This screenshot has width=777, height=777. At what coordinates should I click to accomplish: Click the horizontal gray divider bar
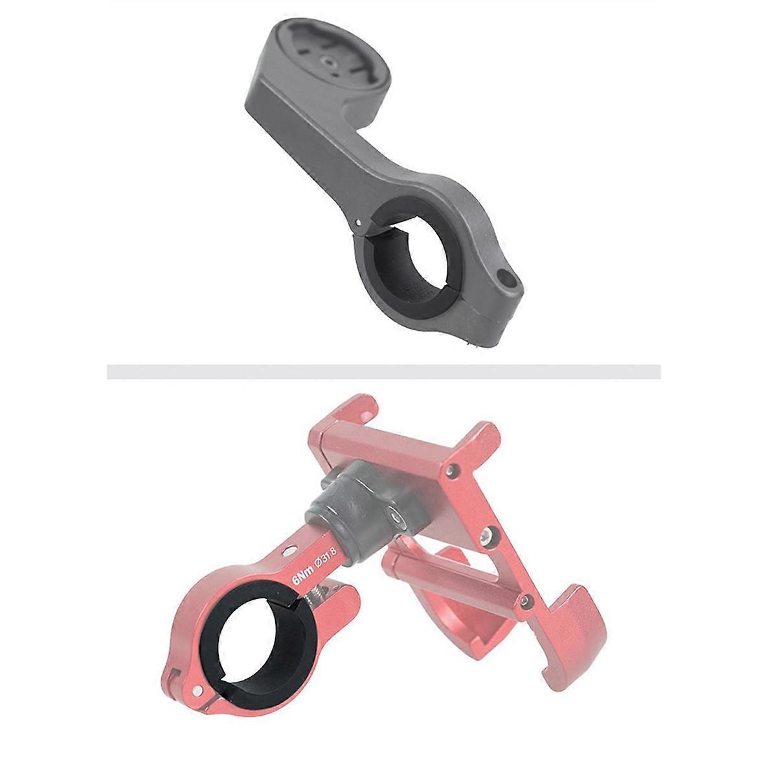pyautogui.click(x=383, y=372)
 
